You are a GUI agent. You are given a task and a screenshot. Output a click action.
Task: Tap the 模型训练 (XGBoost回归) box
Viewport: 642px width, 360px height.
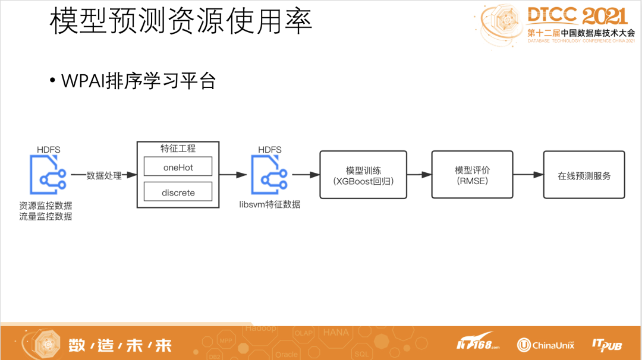click(363, 175)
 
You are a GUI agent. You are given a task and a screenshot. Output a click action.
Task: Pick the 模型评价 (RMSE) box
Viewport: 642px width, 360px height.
click(472, 175)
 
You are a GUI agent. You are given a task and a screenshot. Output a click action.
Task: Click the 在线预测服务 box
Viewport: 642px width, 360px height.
click(584, 175)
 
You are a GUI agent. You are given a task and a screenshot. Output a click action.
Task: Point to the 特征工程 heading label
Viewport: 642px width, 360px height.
click(178, 149)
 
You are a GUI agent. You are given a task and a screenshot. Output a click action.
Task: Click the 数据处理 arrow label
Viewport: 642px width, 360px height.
click(104, 175)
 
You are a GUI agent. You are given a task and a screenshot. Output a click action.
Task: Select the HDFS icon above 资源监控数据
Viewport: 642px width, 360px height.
click(48, 175)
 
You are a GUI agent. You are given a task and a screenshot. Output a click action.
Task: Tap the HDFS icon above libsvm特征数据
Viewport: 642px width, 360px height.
click(269, 175)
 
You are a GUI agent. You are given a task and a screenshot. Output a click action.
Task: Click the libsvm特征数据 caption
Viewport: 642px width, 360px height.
click(270, 204)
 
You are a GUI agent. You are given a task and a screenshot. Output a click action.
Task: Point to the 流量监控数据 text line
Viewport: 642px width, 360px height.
click(45, 216)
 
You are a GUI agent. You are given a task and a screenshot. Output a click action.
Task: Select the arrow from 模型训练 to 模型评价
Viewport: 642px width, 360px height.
click(419, 175)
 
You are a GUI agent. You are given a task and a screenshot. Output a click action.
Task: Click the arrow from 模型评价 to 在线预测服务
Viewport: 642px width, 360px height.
click(528, 175)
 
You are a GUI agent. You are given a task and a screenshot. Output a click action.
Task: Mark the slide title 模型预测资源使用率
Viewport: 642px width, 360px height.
click(181, 21)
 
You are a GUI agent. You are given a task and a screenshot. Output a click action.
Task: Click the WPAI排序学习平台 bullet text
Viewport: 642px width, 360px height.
click(139, 81)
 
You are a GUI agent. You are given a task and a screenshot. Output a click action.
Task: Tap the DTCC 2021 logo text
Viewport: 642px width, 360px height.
click(577, 16)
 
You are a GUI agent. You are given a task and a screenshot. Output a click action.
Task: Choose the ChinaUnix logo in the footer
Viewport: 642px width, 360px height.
click(546, 345)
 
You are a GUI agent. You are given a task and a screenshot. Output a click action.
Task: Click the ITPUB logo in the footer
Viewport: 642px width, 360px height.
click(607, 345)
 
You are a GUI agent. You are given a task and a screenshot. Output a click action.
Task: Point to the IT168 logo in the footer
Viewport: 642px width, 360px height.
click(478, 342)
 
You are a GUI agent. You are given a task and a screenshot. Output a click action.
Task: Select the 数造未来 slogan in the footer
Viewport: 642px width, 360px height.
click(120, 345)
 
